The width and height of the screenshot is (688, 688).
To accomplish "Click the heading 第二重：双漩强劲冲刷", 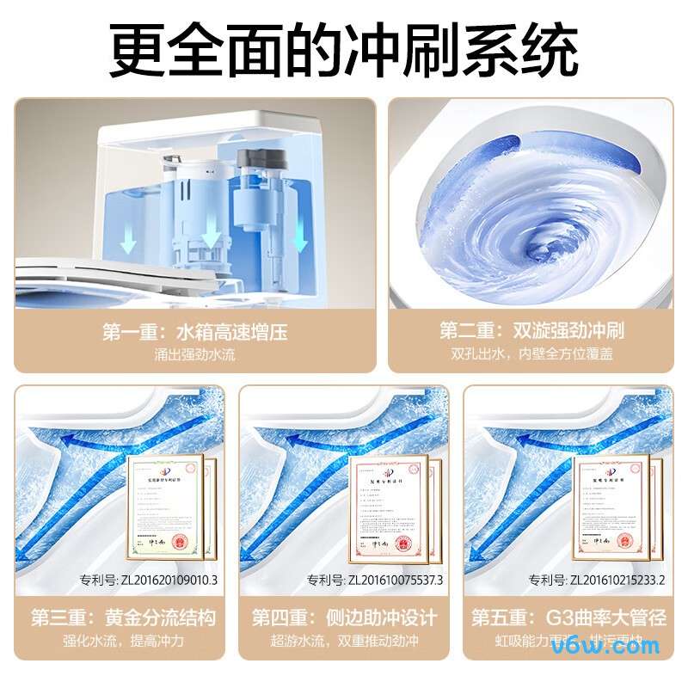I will tap(531, 332).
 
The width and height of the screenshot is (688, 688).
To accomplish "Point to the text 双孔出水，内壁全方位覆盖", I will tap(531, 353).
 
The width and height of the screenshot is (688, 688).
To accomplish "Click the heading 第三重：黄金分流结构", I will tap(123, 617).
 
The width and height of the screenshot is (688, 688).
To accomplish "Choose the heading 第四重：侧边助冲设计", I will tap(344, 617).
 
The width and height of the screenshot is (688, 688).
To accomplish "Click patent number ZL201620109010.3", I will tap(148, 580).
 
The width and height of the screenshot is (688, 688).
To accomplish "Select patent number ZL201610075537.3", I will tap(374, 580).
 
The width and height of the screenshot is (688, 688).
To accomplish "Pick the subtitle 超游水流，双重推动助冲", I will tap(344, 641).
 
